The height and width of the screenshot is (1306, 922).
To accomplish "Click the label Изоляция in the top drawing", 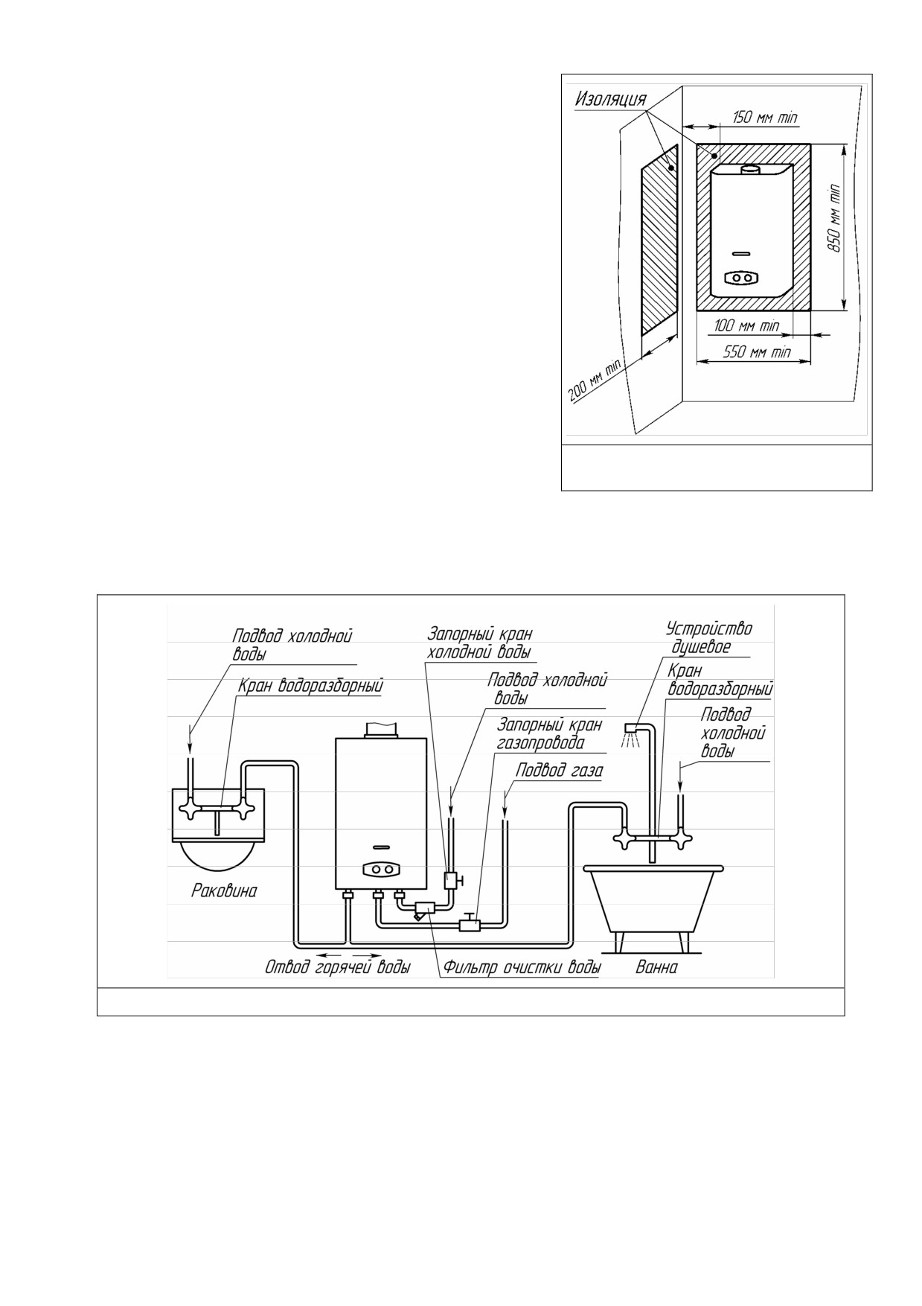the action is coord(610,100).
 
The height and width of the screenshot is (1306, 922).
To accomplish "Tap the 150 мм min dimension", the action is coord(765,117).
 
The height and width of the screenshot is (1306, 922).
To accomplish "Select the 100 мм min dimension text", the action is coord(746,325).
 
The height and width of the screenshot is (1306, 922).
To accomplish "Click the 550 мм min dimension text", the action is coord(758,351).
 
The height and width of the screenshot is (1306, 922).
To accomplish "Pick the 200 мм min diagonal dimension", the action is coord(595,380).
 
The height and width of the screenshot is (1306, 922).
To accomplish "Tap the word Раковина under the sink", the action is coord(224,890).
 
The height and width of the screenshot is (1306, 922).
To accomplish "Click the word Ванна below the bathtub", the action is coord(657,967).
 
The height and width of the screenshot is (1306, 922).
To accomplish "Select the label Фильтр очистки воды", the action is coord(522,967).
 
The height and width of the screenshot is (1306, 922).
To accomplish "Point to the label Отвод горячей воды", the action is coord(338,967).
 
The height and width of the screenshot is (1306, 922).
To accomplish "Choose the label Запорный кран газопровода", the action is coord(549,733).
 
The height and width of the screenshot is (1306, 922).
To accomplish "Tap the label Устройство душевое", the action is coord(708,637).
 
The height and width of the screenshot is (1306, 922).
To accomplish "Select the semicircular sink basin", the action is coord(217,854).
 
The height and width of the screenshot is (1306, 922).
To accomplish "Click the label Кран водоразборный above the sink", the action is coord(310,687).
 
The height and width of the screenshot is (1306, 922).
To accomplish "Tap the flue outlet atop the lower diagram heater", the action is coord(382,730).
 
